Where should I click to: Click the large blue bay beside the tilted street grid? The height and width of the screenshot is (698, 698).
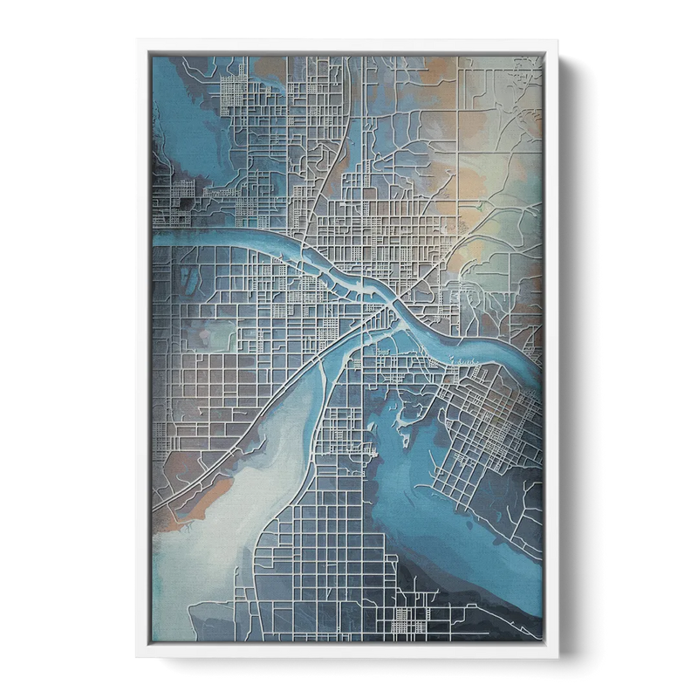pyautogui.click(x=410, y=489)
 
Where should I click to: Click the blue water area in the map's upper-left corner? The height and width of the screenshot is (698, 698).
pyautogui.click(x=179, y=113)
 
